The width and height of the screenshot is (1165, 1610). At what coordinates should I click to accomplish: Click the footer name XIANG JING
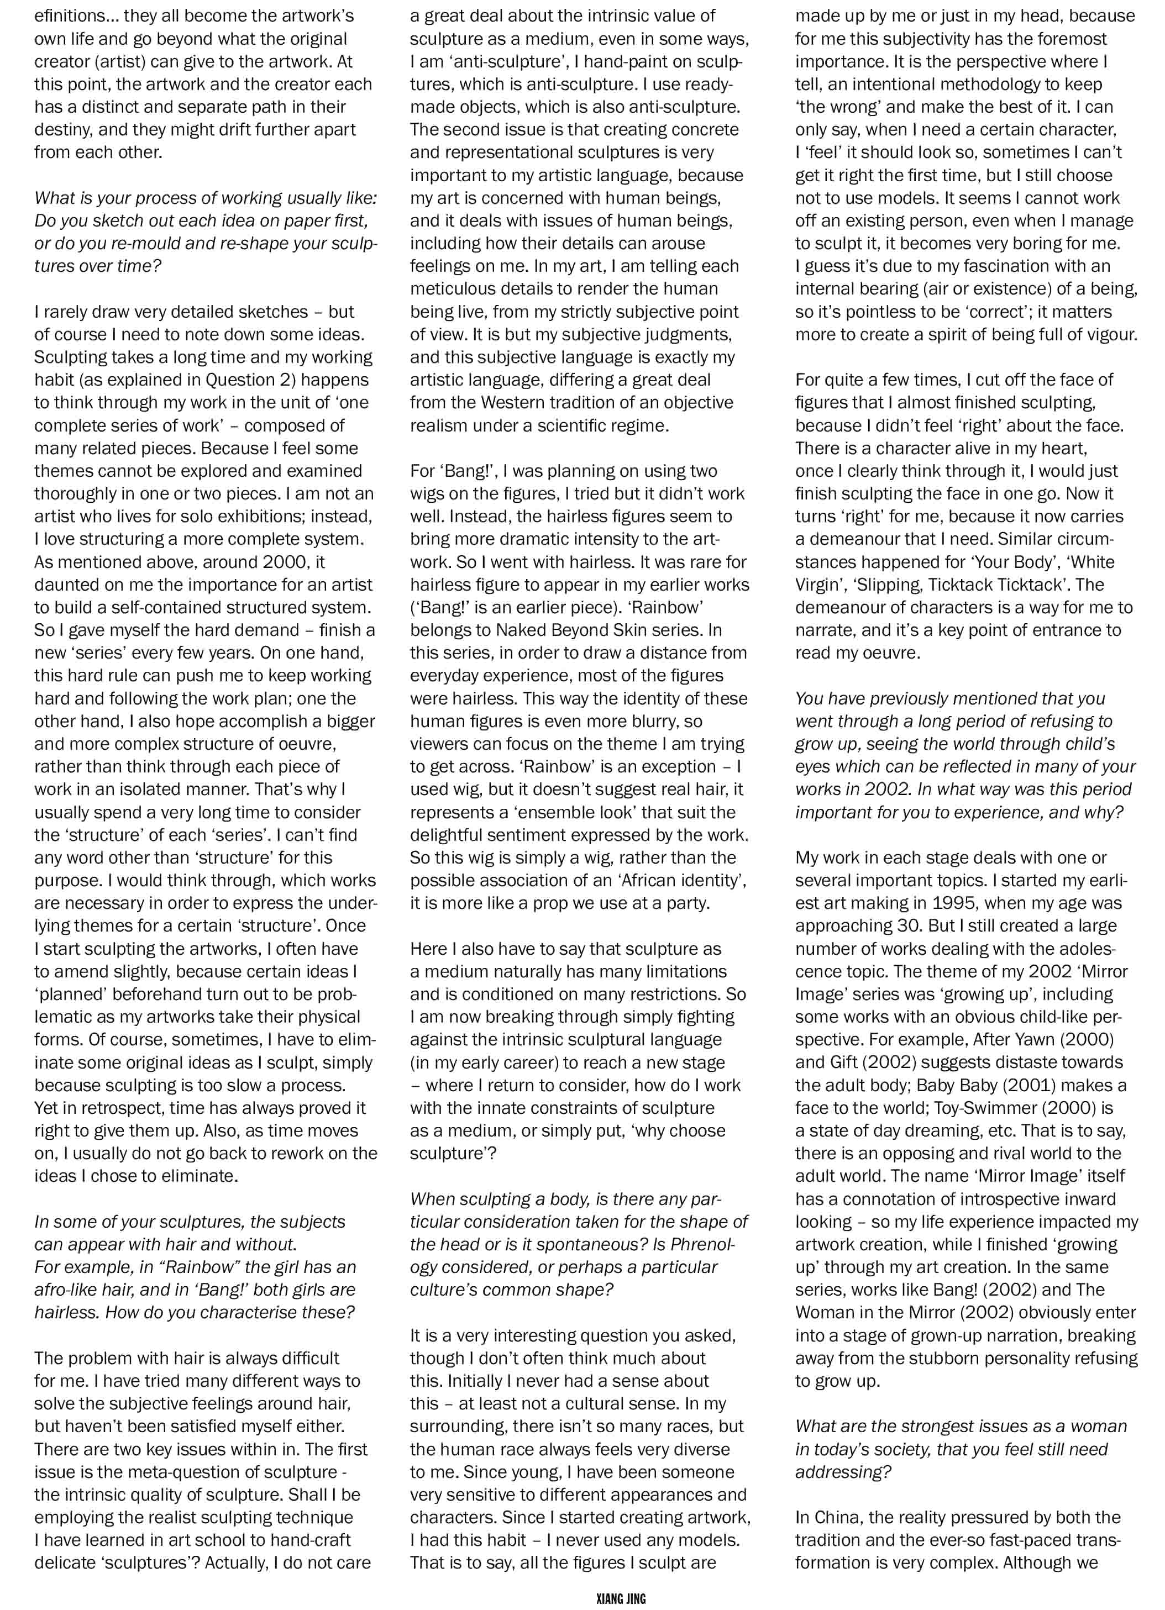(621, 1598)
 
